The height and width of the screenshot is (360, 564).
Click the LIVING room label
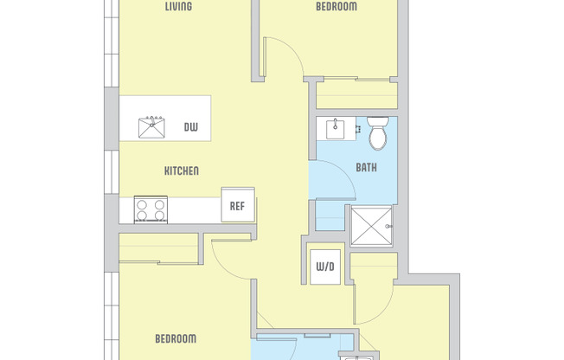(178, 7)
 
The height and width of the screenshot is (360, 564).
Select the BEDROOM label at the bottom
(176, 337)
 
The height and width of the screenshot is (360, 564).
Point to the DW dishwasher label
(190, 128)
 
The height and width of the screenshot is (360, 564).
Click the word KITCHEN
(182, 170)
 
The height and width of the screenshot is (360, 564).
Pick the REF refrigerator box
(237, 206)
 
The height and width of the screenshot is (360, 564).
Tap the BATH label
(366, 167)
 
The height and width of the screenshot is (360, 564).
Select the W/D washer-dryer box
(325, 266)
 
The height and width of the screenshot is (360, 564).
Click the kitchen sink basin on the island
(153, 129)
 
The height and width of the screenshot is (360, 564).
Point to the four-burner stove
(151, 209)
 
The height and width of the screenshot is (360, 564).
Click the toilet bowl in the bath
(378, 138)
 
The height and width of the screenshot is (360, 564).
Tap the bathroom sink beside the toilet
(336, 129)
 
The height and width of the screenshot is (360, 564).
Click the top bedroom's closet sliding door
(356, 80)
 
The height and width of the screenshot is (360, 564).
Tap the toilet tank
(378, 121)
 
